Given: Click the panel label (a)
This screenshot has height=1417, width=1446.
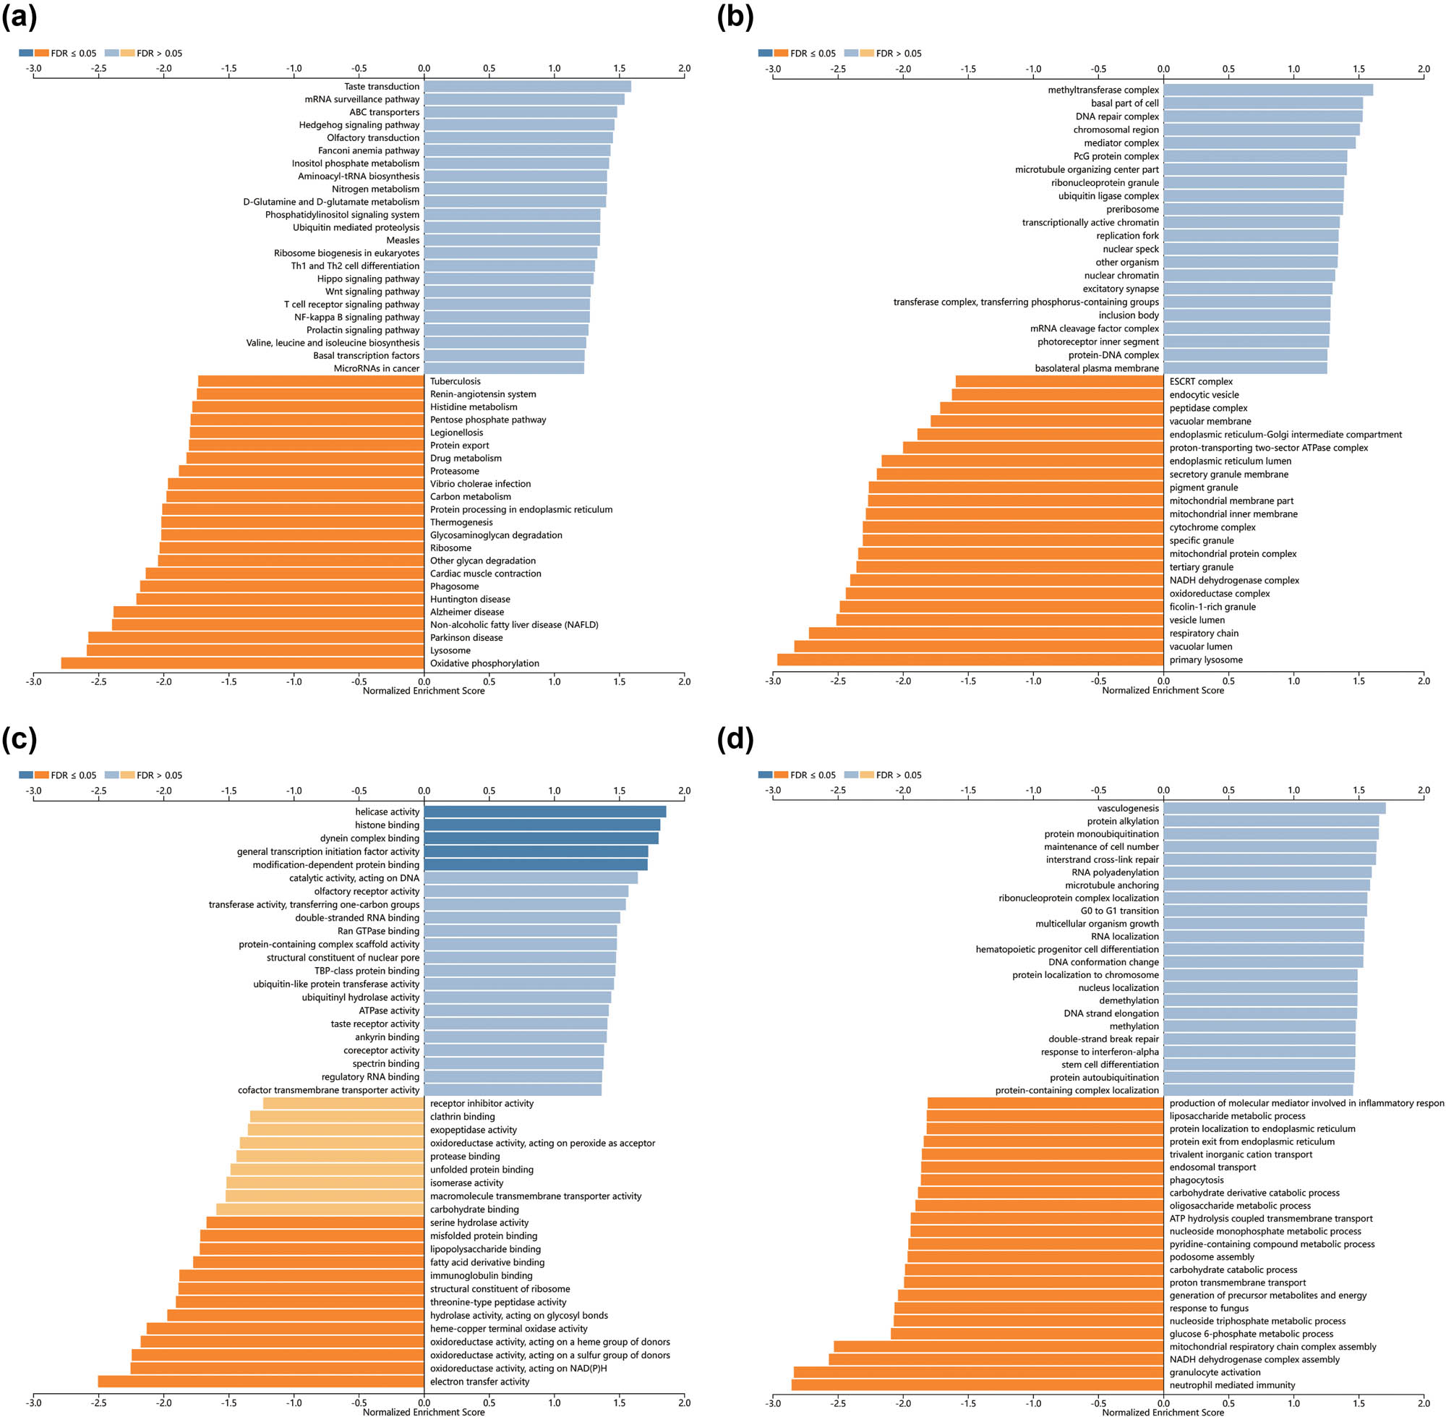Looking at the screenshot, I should (20, 17).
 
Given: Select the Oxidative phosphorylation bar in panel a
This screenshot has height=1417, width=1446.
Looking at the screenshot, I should (241, 663).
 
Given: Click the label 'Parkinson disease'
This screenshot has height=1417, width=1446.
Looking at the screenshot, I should (466, 638).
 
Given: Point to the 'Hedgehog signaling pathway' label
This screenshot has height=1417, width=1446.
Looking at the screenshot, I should (359, 125).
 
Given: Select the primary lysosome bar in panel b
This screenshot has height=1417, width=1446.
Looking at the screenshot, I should (970, 660).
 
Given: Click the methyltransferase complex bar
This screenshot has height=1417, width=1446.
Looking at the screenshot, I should (1267, 90).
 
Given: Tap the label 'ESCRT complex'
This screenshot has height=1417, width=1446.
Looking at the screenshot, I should (1200, 382).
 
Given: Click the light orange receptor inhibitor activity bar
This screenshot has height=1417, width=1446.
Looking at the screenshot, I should (343, 1104).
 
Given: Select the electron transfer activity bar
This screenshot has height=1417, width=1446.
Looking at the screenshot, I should (260, 1382).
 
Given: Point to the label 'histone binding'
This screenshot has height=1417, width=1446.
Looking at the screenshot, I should (387, 825).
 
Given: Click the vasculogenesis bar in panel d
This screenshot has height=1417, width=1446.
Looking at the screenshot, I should (1273, 808).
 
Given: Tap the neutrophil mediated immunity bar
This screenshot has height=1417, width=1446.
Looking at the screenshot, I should (977, 1385).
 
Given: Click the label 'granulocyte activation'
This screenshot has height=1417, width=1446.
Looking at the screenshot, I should (1215, 1372).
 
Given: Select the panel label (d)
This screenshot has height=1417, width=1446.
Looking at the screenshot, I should (735, 739).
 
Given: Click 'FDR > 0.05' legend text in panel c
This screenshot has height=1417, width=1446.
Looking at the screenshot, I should (159, 775).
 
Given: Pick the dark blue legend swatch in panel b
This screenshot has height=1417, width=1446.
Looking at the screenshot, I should (765, 54).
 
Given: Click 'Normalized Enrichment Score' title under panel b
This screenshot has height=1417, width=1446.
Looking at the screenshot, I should (1163, 691).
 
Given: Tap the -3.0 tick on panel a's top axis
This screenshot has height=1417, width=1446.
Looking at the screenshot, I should (33, 69).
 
